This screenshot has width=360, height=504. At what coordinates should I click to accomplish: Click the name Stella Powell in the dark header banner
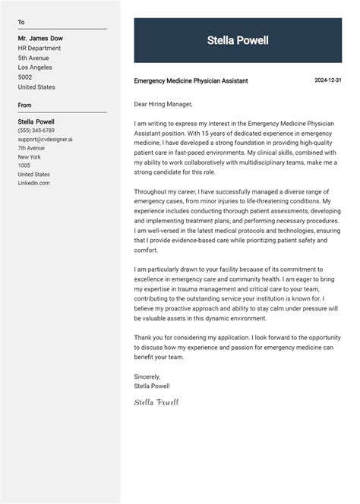(x=238, y=41)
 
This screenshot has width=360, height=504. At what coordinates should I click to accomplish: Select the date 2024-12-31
(x=328, y=80)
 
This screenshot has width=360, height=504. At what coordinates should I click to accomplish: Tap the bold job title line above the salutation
(x=191, y=81)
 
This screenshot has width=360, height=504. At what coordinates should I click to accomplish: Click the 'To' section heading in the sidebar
(x=21, y=23)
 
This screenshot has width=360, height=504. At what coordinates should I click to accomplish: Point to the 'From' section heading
(x=25, y=106)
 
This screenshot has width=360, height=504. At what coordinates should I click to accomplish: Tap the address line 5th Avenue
(x=33, y=58)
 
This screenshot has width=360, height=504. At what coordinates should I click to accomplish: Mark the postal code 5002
(x=25, y=77)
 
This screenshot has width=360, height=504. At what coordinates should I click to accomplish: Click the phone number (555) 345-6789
(x=36, y=131)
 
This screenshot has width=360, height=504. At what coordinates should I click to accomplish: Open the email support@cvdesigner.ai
(x=46, y=140)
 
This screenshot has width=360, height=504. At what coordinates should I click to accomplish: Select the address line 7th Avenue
(x=32, y=148)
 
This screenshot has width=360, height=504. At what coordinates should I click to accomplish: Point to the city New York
(x=30, y=157)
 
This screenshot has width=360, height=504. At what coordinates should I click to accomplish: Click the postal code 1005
(x=24, y=165)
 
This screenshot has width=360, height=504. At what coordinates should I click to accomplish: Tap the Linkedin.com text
(x=34, y=183)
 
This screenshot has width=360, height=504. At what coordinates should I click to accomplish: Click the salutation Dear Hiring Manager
(x=163, y=104)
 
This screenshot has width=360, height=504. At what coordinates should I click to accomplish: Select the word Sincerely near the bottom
(x=147, y=376)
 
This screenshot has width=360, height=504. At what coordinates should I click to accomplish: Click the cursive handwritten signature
(x=156, y=402)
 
